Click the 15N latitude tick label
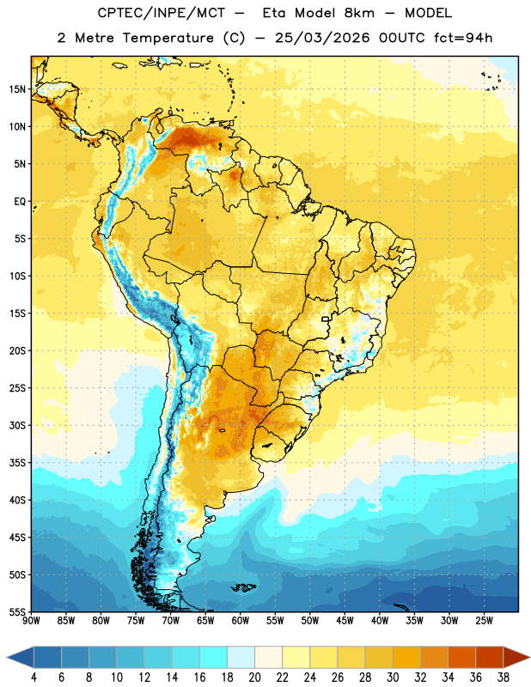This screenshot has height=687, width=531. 17,89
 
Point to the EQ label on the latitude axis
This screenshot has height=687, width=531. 20,202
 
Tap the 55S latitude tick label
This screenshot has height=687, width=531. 17,612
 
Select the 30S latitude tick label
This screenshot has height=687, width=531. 17,425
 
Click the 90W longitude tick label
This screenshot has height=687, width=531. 31,621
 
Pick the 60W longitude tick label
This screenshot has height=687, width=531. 241,621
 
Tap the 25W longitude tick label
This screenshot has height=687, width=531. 484,621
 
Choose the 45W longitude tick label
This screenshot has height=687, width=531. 345,621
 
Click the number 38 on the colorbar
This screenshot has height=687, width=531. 504,678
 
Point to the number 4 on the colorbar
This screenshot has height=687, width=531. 34,678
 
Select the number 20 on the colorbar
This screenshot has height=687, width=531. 254,678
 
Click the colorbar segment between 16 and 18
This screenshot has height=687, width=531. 214,658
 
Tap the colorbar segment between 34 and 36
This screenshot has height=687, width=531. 462,658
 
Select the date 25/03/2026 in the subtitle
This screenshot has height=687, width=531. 322,38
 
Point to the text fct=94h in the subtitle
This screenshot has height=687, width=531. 463,38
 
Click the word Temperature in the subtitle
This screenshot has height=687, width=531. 168,38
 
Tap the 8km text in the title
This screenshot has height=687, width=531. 359,13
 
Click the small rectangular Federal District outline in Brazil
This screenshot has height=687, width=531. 326,319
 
